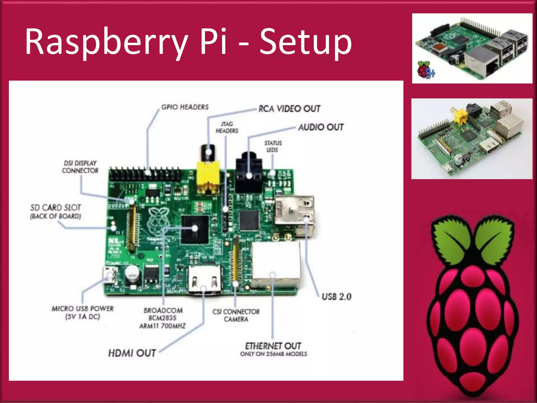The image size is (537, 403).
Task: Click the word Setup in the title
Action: click(x=305, y=42)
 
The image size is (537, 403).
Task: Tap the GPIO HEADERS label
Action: click(x=185, y=107)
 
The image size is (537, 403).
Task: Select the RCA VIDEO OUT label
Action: click(x=289, y=109)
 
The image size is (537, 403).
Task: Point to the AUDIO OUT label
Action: click(x=321, y=127)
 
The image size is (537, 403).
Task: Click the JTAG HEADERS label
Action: click(x=227, y=127)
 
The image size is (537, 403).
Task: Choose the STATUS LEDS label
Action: click(x=273, y=146)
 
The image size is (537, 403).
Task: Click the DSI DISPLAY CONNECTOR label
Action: click(x=80, y=167)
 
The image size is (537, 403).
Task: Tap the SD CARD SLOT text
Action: click(x=56, y=208)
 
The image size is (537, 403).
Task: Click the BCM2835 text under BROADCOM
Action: click(x=163, y=318)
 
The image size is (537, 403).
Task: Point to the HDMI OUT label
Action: click(x=132, y=353)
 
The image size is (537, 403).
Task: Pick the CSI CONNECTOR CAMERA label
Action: click(x=236, y=315)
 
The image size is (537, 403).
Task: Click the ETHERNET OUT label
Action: click(x=273, y=346)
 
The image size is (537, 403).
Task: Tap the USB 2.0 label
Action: click(x=336, y=297)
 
